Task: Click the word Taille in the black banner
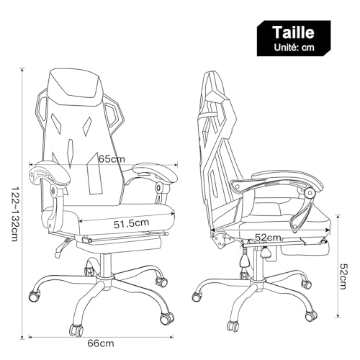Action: click(x=294, y=32)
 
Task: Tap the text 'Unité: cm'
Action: click(x=294, y=48)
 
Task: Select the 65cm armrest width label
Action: click(x=112, y=158)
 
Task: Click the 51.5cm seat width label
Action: click(x=131, y=223)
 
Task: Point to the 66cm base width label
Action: click(x=101, y=343)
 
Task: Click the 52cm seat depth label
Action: click(x=268, y=238)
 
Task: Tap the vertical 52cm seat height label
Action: click(x=343, y=276)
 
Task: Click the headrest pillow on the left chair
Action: click(x=74, y=87)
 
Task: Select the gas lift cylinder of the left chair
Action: click(x=105, y=264)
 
